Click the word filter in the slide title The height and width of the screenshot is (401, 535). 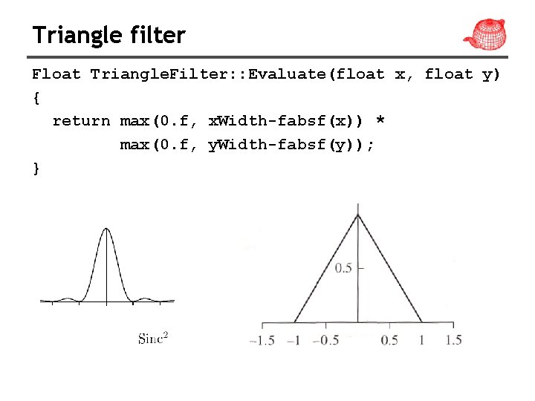tap(158, 35)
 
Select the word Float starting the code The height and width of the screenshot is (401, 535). tap(56, 74)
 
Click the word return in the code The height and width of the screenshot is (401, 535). tap(81, 121)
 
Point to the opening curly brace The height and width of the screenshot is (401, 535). tap(36, 97)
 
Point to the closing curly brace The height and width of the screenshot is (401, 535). tap(36, 169)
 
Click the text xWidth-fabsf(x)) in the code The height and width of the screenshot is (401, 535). tap(286, 121)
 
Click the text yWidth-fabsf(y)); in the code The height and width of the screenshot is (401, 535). tap(291, 145)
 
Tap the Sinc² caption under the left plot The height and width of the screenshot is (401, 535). tap(153, 339)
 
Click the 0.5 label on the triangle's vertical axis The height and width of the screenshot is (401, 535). tap(343, 268)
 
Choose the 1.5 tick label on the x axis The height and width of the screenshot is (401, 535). tap(453, 340)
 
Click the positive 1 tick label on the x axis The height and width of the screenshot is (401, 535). tap(422, 340)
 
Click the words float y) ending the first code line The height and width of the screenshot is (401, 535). tap(462, 74)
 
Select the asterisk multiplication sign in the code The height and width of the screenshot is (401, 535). tap(382, 121)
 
